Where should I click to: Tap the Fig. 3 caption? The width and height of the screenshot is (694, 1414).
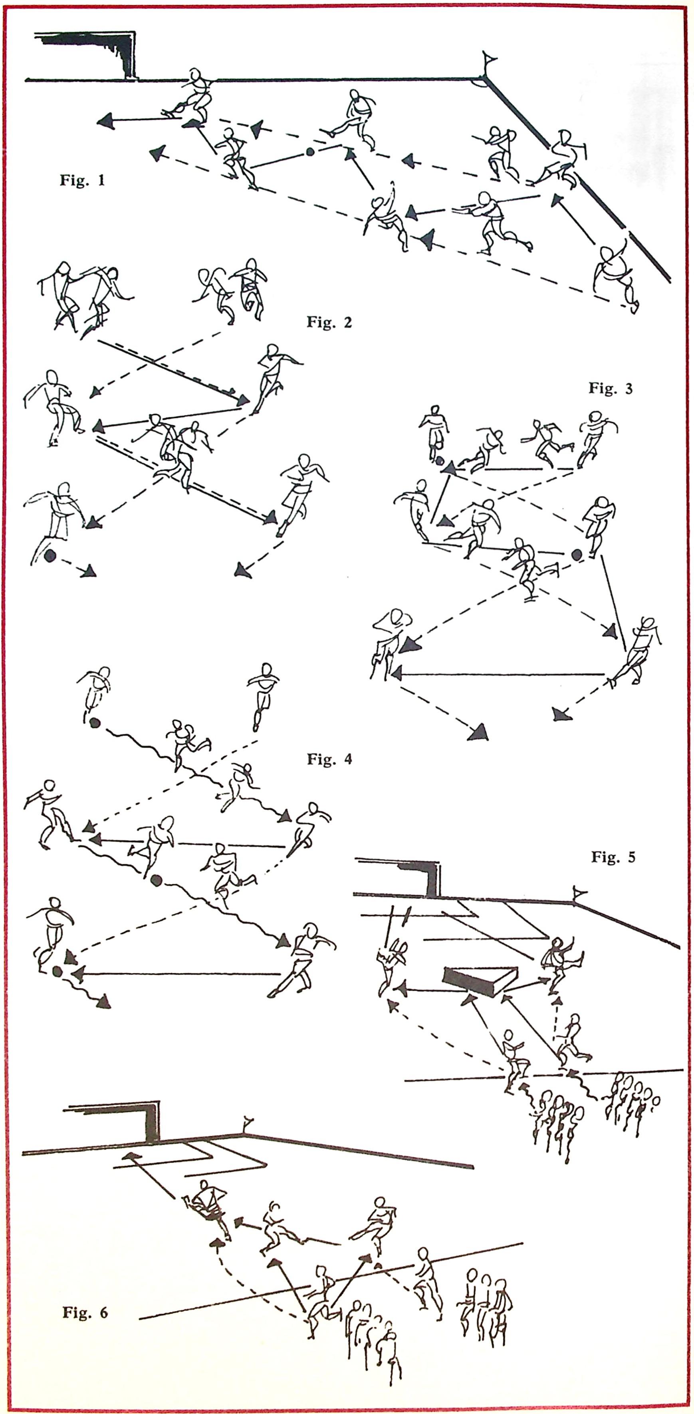point(611,388)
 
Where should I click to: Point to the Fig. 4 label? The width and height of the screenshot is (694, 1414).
point(329,760)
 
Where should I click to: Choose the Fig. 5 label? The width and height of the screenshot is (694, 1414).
point(613,857)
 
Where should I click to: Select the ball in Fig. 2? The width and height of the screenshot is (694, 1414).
point(50,556)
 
